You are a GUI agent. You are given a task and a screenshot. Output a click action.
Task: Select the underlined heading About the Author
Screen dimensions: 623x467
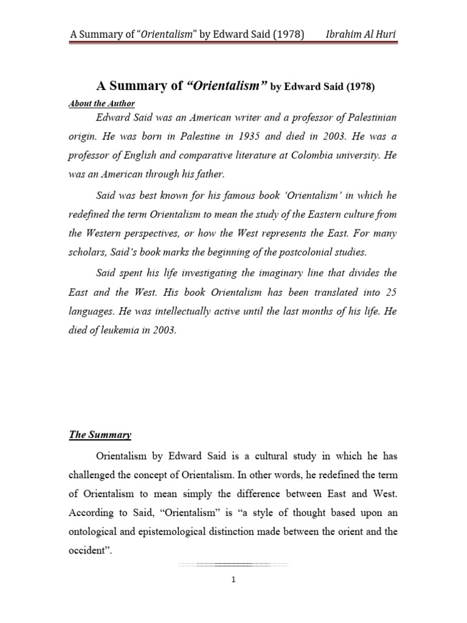click(102, 103)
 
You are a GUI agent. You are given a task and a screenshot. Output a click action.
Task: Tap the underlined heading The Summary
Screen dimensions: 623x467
click(99, 435)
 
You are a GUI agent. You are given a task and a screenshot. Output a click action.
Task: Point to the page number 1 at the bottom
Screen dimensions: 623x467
click(233, 580)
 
